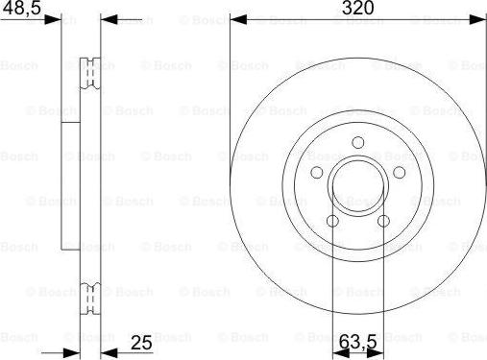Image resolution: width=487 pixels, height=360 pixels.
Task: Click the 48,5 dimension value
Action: (x=22, y=8)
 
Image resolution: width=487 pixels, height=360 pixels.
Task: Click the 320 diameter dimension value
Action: (x=357, y=8)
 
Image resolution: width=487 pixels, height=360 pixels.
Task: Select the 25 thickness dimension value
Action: (x=141, y=343)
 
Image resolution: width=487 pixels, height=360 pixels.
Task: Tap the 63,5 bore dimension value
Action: (x=357, y=343)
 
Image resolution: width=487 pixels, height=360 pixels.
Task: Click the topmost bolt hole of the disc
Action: (x=358, y=142)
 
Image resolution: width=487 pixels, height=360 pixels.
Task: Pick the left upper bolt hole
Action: (x=317, y=173)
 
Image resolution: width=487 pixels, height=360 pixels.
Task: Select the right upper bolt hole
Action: (x=400, y=173)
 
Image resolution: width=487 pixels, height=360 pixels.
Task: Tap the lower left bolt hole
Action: (x=332, y=221)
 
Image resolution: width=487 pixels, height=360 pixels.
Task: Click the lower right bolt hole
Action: (x=383, y=221)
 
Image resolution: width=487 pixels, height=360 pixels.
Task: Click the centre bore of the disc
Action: (x=358, y=185)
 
